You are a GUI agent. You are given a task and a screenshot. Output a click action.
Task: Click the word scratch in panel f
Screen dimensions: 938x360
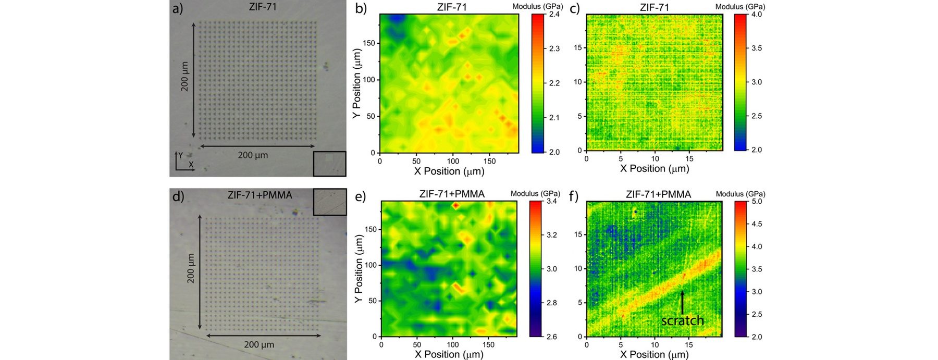point(683,320)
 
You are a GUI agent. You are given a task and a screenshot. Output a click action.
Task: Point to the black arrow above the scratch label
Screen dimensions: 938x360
point(682,302)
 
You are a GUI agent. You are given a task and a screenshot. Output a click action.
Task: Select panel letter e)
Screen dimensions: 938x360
point(360,196)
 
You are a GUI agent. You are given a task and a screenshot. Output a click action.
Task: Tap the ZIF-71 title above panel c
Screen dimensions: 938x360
point(654,7)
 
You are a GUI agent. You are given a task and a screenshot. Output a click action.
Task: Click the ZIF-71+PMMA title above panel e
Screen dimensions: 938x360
point(452,194)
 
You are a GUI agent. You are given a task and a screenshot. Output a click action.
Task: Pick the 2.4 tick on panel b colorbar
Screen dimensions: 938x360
point(554,14)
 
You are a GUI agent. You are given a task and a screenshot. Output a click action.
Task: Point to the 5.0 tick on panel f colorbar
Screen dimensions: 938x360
point(757,201)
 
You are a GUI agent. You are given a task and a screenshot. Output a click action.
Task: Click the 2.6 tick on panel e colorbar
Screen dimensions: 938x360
point(551,337)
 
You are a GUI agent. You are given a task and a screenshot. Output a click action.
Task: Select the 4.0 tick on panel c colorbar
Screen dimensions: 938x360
point(757,15)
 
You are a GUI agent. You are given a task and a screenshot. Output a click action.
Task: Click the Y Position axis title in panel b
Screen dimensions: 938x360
point(357,83)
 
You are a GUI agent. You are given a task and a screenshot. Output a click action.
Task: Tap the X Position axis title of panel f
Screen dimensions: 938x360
point(655,354)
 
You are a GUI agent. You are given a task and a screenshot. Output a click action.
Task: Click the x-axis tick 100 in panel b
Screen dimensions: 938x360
point(453,161)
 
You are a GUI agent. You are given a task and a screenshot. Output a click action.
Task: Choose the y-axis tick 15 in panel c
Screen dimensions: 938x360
point(577,47)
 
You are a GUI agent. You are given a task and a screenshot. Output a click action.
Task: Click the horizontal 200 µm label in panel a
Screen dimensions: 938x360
point(253,155)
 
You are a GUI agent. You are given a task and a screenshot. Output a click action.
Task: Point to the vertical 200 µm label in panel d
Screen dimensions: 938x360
point(191,268)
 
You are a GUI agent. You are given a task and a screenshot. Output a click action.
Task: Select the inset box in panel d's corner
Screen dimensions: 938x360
point(330,202)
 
